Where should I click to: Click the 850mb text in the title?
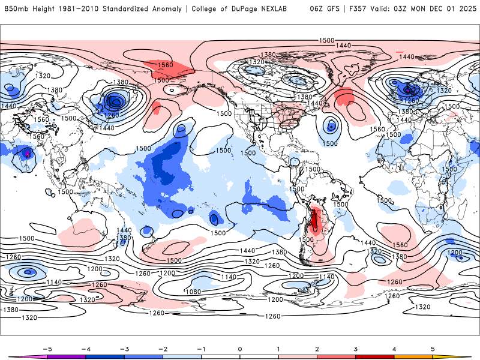pos(15,9)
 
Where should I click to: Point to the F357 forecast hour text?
pos(361,9)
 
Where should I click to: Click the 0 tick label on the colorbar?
pos(240,349)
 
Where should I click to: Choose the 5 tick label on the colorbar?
pos(433,349)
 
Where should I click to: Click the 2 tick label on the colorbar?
pos(317,349)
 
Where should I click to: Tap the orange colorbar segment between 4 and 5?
pos(414,356)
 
